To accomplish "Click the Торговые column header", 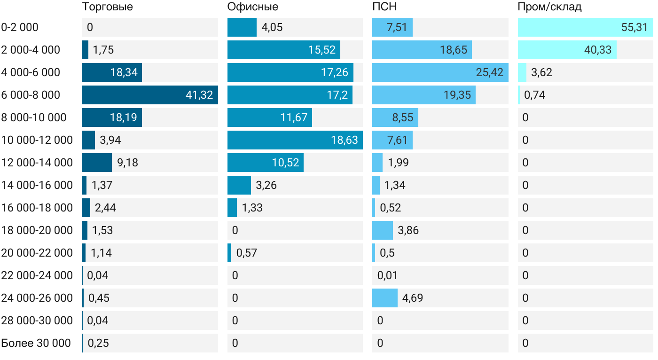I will pyautogui.click(x=107, y=7).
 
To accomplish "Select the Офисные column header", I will pyautogui.click(x=252, y=7).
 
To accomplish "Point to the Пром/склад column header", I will pyautogui.click(x=549, y=7).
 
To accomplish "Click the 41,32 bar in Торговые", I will pyautogui.click(x=149, y=95).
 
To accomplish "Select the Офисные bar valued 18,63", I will pyautogui.click(x=295, y=140).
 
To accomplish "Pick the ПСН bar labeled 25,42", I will pyautogui.click(x=440, y=72).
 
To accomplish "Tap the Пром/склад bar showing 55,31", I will pyautogui.click(x=585, y=27).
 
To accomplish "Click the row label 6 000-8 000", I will pyautogui.click(x=31, y=95).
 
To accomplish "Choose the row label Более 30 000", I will pyautogui.click(x=36, y=343).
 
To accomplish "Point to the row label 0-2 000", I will pyautogui.click(x=20, y=27).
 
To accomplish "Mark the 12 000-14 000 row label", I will pyautogui.click(x=37, y=163).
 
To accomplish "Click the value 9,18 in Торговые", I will pyautogui.click(x=127, y=163).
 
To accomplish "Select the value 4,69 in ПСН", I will pyautogui.click(x=413, y=298).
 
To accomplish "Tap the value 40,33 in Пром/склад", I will pyautogui.click(x=598, y=50).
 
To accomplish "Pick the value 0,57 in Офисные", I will pyautogui.click(x=247, y=253).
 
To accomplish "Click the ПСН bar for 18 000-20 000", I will pyautogui.click(x=382, y=230).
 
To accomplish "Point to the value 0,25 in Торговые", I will pyautogui.click(x=98, y=343).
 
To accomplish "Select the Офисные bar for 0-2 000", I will pyautogui.click(x=242, y=27).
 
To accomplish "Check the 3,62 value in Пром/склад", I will pyautogui.click(x=541, y=72).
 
